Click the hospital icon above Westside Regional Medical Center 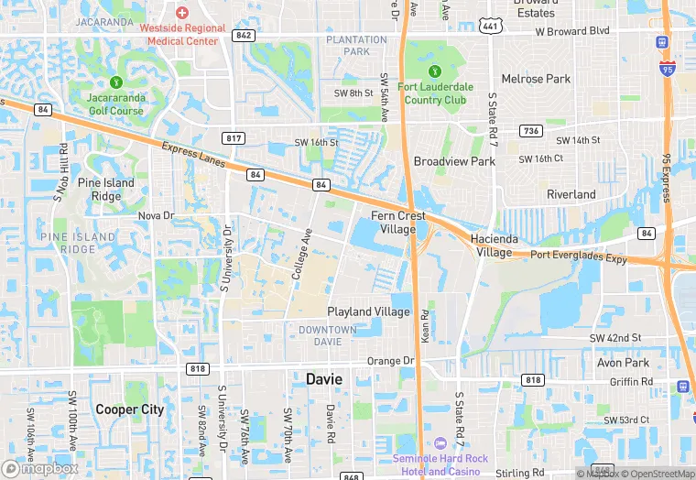pyautogui.click(x=181, y=12)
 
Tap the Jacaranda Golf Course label pyautogui.click(x=115, y=104)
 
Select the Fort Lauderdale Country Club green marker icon pyautogui.click(x=434, y=71)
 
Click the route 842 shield pyautogui.click(x=243, y=36)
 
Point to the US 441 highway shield pyautogui.click(x=490, y=27)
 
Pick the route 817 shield pyautogui.click(x=234, y=137)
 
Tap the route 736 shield pyautogui.click(x=530, y=131)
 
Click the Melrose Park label pyautogui.click(x=536, y=80)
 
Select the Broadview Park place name pyautogui.click(x=454, y=161)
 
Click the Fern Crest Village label pyautogui.click(x=398, y=223)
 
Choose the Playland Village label pyautogui.click(x=368, y=311)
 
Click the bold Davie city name pyautogui.click(x=324, y=378)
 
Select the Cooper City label pyautogui.click(x=129, y=409)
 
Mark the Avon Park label pyautogui.click(x=623, y=362)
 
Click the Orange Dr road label pyautogui.click(x=391, y=361)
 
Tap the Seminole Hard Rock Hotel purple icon pyautogui.click(x=440, y=443)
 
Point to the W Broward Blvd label pyautogui.click(x=572, y=30)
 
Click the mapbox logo pyautogui.click(x=40, y=468)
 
